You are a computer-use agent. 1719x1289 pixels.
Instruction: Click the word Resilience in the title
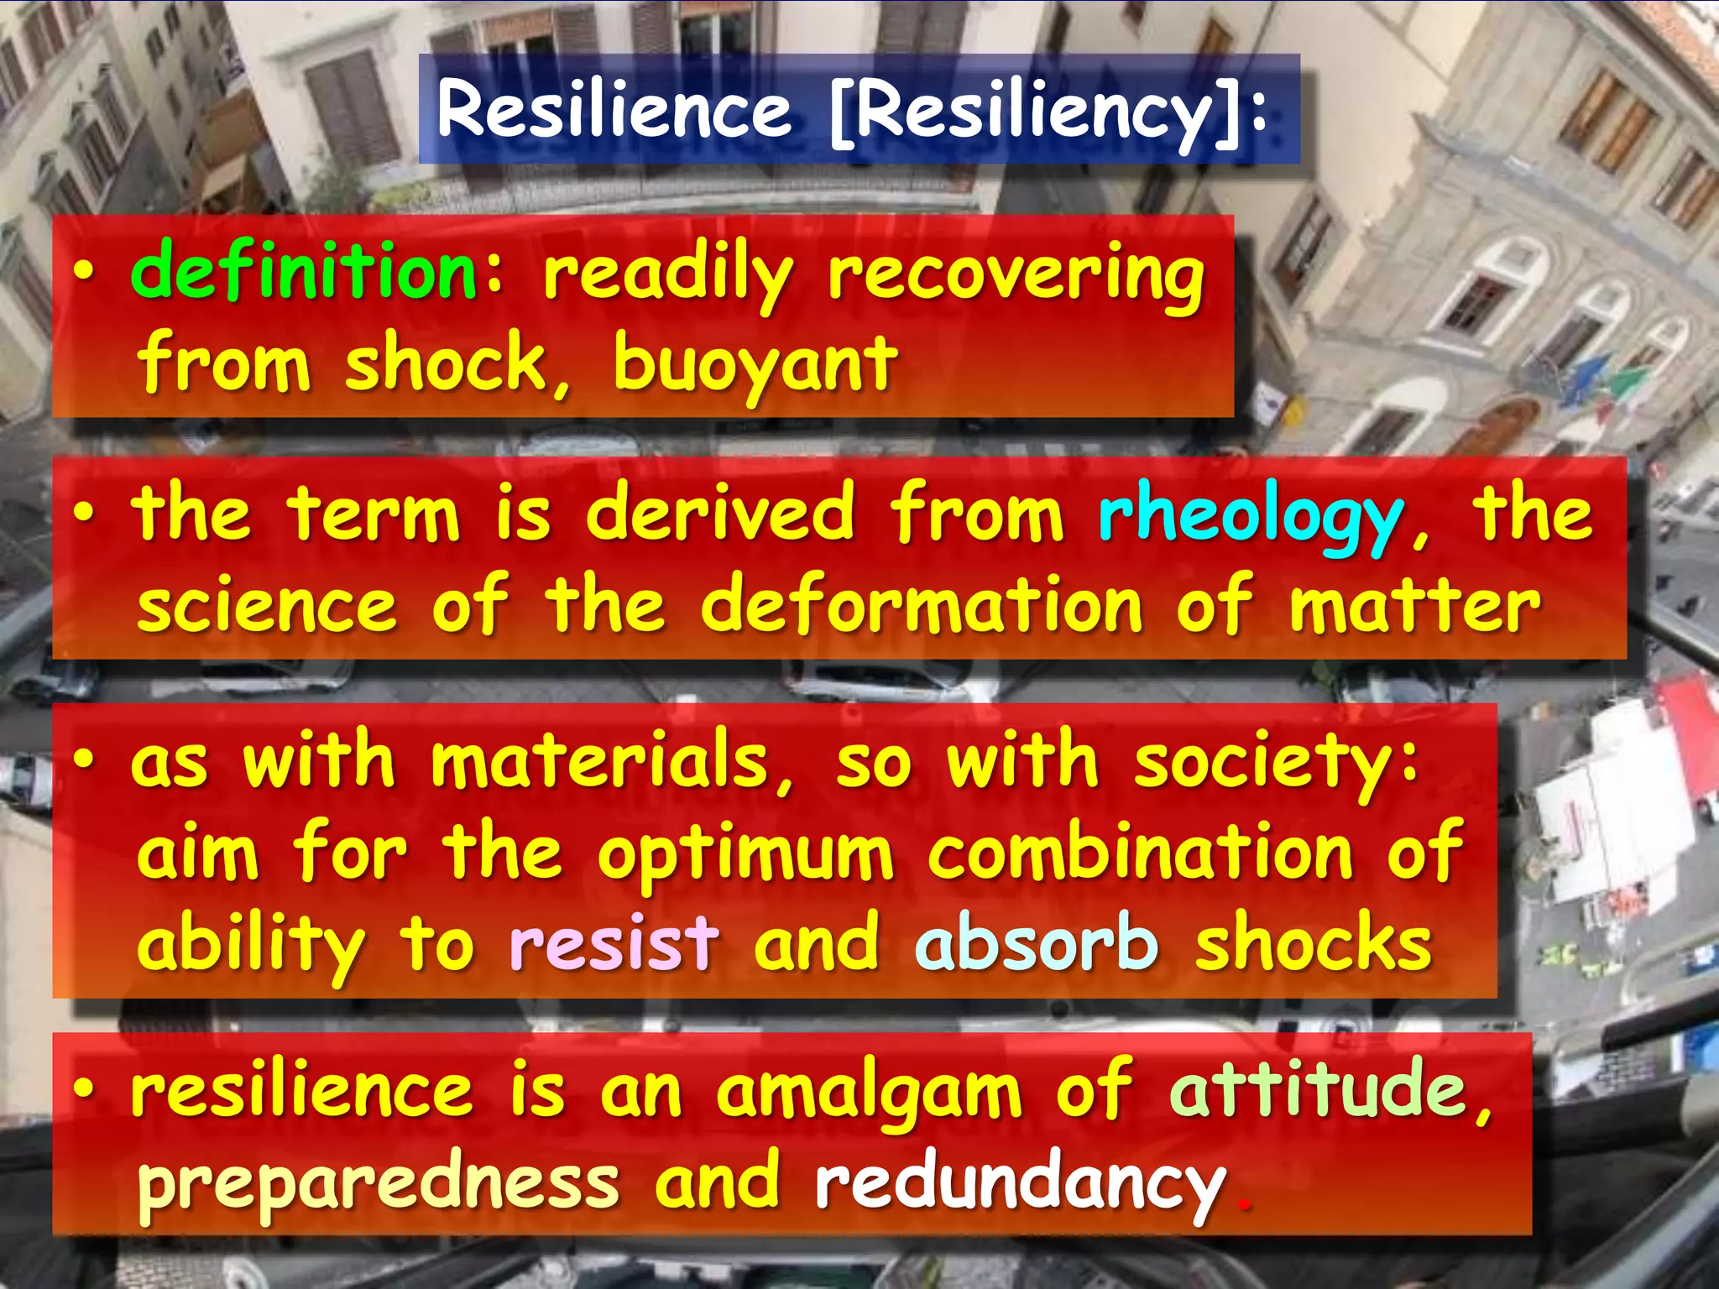(x=614, y=109)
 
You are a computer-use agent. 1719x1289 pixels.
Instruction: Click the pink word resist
(x=614, y=944)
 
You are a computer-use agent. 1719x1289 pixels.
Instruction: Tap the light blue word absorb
(x=1036, y=944)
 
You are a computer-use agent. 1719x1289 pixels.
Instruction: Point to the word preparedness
(x=378, y=1183)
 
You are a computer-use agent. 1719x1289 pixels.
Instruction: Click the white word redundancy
(x=1019, y=1183)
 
